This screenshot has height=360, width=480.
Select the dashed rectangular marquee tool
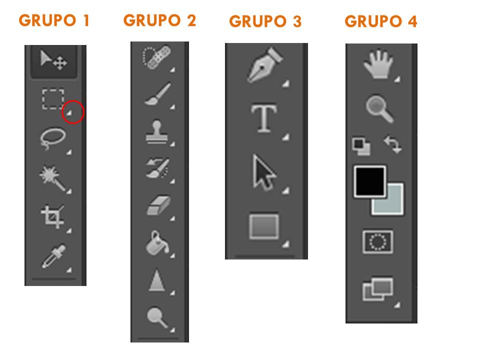point(53,99)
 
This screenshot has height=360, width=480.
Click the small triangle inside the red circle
point(69,113)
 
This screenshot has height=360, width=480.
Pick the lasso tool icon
point(52,138)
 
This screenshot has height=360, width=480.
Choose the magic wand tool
point(52,178)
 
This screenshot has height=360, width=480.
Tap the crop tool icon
point(52,216)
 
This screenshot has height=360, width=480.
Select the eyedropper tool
point(54,256)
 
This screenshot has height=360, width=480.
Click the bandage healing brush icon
point(156,57)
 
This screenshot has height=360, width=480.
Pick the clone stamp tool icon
point(156,132)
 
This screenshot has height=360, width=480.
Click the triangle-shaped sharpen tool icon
point(156,280)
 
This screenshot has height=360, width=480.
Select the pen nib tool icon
point(264,64)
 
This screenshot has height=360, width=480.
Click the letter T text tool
point(264,118)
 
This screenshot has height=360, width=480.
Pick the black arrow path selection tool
point(264,172)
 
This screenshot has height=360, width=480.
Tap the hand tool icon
point(378,63)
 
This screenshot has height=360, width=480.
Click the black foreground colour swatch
point(369,181)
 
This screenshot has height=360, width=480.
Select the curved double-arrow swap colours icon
point(393,144)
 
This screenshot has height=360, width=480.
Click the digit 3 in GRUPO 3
point(296,21)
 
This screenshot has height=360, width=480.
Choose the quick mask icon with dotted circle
point(378,242)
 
